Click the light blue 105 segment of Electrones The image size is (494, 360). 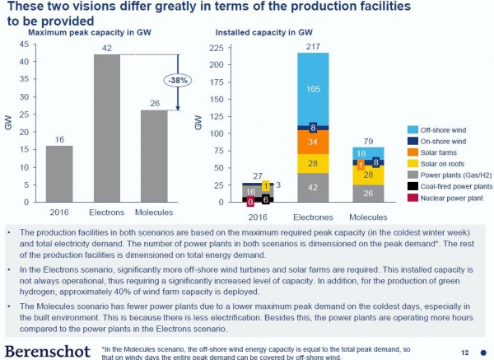tap(312, 88)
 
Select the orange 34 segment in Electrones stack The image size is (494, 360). tap(312, 143)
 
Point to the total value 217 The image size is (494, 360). tap(312, 47)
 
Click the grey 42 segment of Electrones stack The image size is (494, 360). tap(312, 188)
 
